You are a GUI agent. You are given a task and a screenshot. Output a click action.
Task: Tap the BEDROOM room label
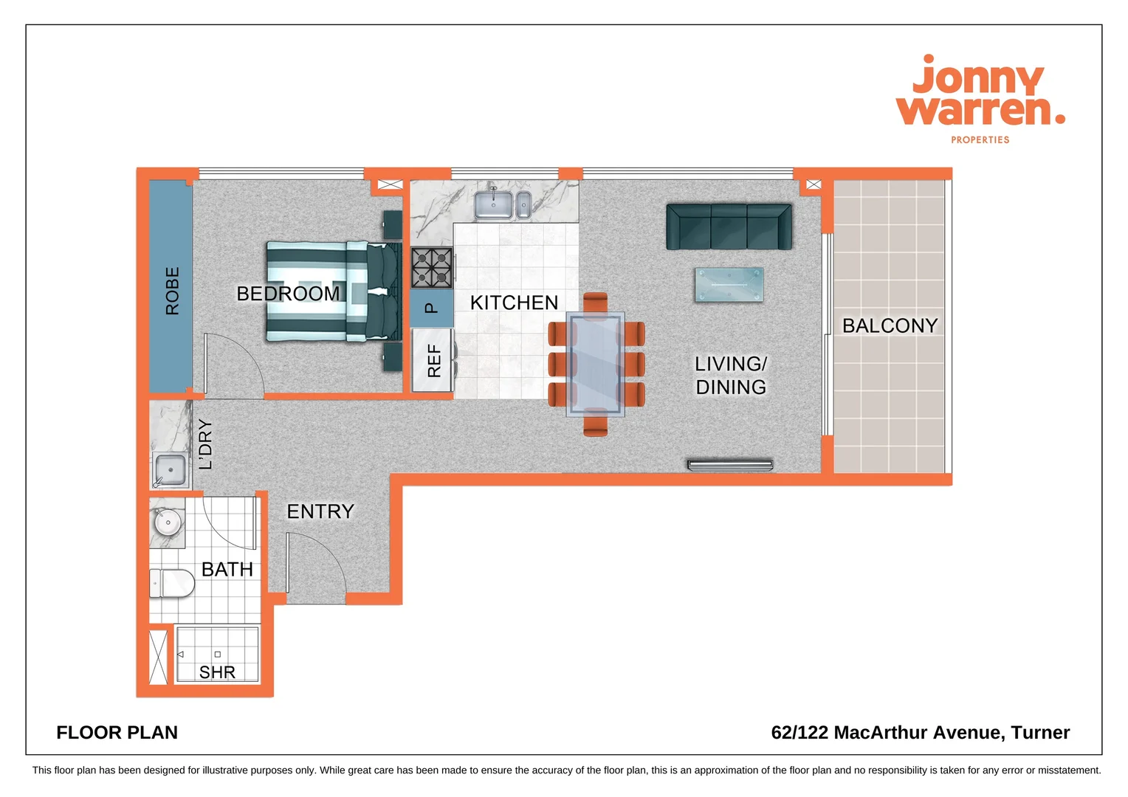[288, 294]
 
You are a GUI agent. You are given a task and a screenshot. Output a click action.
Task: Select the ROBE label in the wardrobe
[172, 291]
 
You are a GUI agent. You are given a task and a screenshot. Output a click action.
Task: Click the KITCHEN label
[514, 303]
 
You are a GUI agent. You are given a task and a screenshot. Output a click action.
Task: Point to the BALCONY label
[890, 325]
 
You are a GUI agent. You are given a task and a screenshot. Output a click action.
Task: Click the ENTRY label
[320, 511]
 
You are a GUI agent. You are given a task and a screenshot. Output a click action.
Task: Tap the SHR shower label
[217, 672]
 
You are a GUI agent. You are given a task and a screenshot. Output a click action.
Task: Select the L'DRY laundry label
[205, 444]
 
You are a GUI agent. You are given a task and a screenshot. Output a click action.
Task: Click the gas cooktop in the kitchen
[432, 268]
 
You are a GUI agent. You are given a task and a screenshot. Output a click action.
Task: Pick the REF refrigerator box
[433, 361]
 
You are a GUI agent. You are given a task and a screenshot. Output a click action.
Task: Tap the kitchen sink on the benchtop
[494, 204]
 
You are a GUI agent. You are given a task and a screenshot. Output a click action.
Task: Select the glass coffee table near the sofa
[729, 285]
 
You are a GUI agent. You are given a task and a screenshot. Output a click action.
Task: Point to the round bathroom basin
[168, 522]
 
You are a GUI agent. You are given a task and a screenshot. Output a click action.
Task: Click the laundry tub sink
[171, 470]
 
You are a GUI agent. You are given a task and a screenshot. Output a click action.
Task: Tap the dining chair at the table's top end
[595, 302]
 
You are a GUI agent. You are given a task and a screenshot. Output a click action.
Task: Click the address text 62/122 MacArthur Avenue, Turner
[920, 733]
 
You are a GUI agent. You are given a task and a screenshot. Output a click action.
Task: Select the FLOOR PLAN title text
[117, 733]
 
